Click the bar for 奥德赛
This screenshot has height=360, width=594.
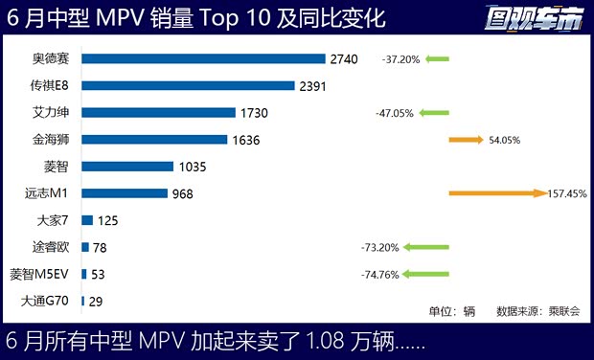click(203, 59)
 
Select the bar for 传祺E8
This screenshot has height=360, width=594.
click(188, 86)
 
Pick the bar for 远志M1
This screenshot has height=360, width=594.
click(125, 193)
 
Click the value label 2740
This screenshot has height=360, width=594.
click(343, 59)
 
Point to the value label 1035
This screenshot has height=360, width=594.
click(193, 167)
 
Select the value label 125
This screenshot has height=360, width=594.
click(108, 220)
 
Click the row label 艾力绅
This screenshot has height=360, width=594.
click(51, 113)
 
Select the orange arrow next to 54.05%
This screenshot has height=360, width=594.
click(466, 140)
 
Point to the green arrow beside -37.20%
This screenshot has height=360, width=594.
click(436, 59)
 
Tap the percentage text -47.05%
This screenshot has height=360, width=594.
click(395, 113)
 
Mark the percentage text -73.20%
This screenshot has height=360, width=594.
click(379, 247)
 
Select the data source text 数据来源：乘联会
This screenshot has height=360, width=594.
click(532, 311)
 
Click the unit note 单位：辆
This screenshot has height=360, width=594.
click(452, 311)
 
